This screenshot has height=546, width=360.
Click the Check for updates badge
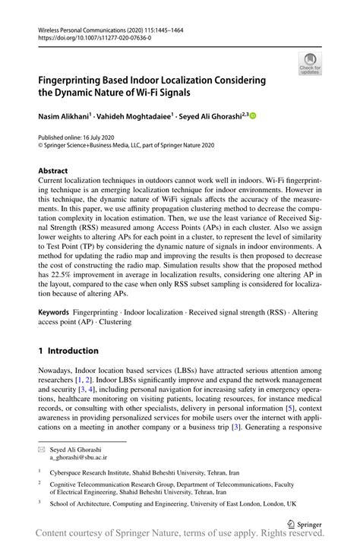point(309,64)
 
